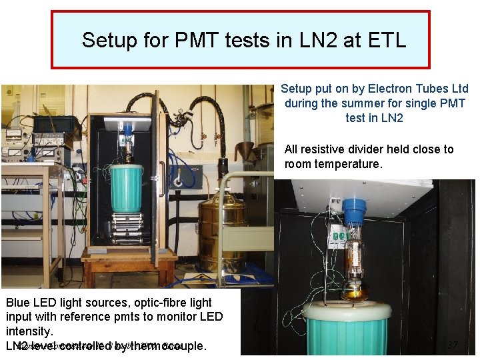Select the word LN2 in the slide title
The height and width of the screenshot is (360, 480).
pos(321,41)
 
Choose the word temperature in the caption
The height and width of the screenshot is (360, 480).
pos(351,164)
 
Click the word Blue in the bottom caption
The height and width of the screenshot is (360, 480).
pos(18,303)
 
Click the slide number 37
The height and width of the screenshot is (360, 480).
pos(452,346)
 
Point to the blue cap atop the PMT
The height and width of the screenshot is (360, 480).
pos(354,208)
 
